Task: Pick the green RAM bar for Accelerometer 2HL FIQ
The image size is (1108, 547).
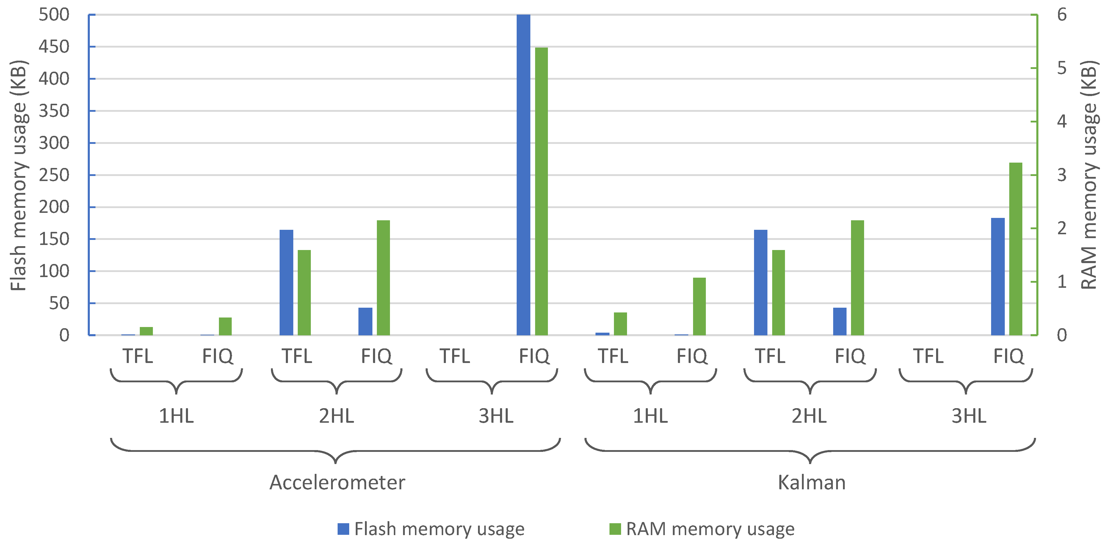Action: (x=383, y=278)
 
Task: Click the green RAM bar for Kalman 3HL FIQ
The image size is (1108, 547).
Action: (x=1015, y=249)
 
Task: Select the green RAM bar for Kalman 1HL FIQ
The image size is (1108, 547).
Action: (x=699, y=306)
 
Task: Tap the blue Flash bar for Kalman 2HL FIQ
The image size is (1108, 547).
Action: (x=840, y=321)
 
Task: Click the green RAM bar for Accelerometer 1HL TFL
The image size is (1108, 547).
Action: (x=146, y=331)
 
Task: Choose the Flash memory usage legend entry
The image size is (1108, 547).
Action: (x=431, y=529)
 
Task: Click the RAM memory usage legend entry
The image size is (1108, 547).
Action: (x=702, y=529)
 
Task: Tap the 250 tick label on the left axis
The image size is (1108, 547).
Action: (x=54, y=175)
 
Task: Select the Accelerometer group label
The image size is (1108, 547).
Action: (x=337, y=482)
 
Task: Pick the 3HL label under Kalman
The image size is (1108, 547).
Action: (x=968, y=416)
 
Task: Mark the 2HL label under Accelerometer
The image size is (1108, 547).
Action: (x=336, y=416)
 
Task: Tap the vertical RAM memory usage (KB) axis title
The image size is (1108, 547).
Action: (x=1090, y=175)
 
